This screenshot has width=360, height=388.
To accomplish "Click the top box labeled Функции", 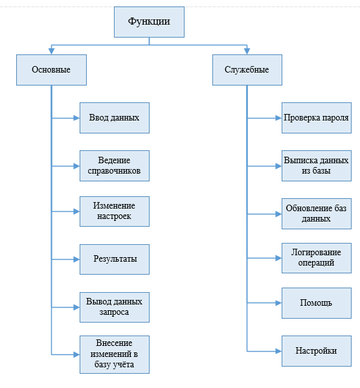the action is point(149,22).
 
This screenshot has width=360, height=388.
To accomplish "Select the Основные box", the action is point(51,70).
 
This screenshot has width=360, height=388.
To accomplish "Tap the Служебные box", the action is point(247,70).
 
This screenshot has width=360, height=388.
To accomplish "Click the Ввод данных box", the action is point(115,118).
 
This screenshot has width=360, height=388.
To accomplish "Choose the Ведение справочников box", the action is point(115,166).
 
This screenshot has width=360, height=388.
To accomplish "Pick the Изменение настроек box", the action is point(115,212).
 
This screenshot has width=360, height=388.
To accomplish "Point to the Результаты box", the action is point(115,259).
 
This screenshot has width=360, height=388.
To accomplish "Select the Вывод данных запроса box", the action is point(115,307).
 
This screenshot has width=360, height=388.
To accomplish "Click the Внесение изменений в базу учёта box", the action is point(115,354).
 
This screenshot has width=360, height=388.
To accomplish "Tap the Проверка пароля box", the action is point(317,118).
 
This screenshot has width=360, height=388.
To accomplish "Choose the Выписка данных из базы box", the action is point(317,166).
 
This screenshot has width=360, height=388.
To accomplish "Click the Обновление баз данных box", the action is point(317,214).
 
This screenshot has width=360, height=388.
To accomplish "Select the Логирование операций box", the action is point(317,258).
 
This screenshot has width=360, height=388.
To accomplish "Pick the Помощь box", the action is point(317,303).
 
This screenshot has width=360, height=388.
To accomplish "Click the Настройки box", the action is point(317,351).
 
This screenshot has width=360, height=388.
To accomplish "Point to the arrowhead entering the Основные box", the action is point(51,51).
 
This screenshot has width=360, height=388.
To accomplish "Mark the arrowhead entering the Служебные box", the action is point(247,51).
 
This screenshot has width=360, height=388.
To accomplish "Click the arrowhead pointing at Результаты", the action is point(76,259).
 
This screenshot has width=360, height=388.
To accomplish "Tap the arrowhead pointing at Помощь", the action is point(278,303).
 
